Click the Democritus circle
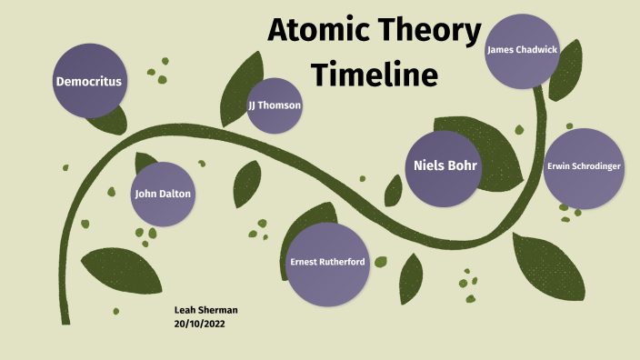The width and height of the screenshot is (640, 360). [88, 82]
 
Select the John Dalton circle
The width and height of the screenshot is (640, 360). [164, 194]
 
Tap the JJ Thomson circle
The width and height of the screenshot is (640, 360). [275, 105]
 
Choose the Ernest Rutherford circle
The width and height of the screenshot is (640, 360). [327, 263]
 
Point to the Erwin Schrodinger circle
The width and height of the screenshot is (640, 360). [585, 167]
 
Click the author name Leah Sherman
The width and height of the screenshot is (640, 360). [205, 310]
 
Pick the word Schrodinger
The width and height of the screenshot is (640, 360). [596, 167]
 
